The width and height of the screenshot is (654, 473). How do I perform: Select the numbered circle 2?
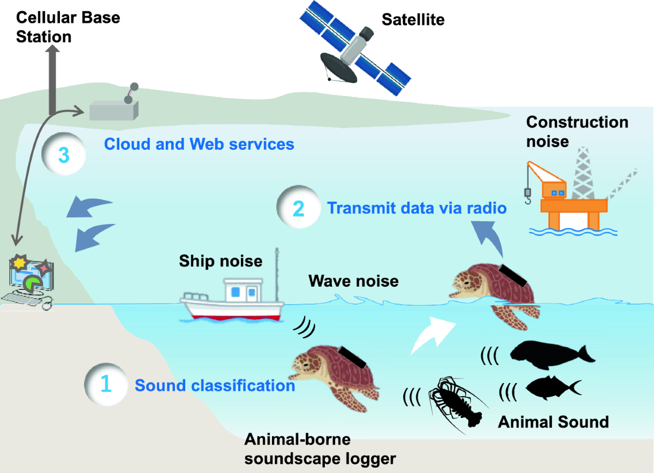(x=298, y=208)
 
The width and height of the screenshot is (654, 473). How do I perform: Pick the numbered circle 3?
(x=63, y=155)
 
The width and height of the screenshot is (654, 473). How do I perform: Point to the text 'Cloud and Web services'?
(x=199, y=144)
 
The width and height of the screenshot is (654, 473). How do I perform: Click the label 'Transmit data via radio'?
(x=417, y=208)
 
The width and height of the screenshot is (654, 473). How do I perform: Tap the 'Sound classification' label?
(x=215, y=385)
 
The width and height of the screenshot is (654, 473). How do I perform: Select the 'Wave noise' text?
(x=353, y=281)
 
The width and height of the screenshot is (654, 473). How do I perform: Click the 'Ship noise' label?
(x=221, y=261)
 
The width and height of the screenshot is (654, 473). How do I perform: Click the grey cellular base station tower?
(x=53, y=82)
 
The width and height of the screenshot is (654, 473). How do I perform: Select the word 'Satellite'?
(x=413, y=20)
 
